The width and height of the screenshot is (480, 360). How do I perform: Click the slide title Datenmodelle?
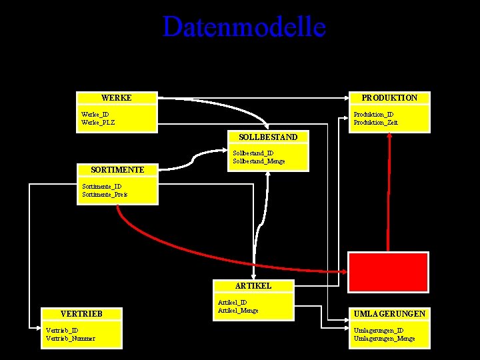tap(244, 27)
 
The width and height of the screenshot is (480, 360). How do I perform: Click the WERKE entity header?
tap(117, 98)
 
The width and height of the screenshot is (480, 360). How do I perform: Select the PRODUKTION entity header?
tap(389, 98)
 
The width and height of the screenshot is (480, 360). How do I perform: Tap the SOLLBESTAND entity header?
tap(268, 137)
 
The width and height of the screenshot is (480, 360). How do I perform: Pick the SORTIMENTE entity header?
tap(117, 170)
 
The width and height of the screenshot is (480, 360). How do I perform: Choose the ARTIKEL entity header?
tap(253, 285)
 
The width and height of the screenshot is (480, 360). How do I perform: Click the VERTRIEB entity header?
tap(81, 313)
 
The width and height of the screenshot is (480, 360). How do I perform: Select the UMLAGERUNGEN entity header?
tap(390, 313)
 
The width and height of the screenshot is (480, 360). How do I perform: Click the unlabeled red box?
tap(388, 271)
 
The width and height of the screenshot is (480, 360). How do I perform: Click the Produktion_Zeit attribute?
tap(375, 123)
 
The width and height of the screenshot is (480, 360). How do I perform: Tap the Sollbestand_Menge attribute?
tap(259, 161)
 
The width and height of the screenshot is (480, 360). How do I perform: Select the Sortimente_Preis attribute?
tap(105, 195)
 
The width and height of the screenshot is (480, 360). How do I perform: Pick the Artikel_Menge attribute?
tap(238, 311)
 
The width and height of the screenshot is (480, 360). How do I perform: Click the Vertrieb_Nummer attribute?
tap(70, 338)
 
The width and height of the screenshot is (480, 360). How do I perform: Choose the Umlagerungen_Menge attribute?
tap(384, 339)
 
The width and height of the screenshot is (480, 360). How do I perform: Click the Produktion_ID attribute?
tap(373, 115)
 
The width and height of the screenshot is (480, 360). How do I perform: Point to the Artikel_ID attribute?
tap(232, 303)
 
